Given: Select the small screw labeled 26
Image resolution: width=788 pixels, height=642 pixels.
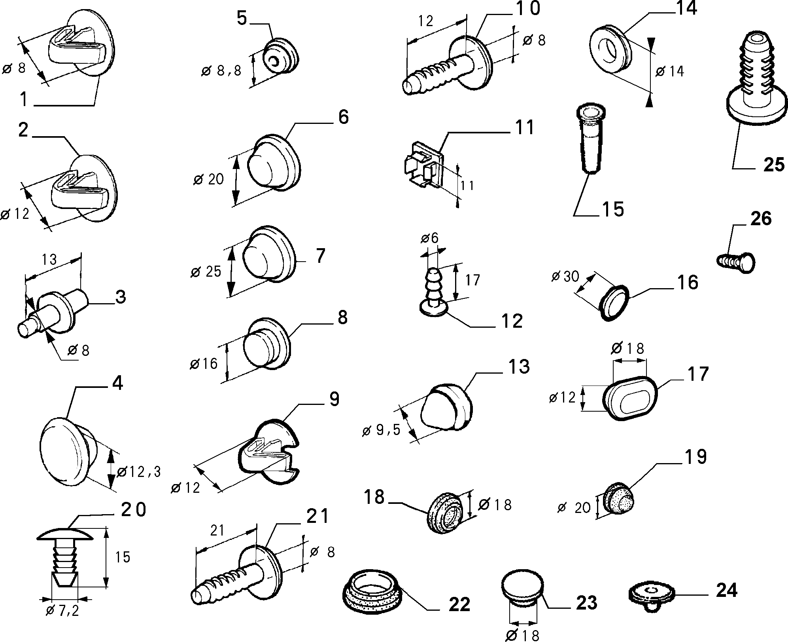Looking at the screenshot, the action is pyautogui.click(x=736, y=262).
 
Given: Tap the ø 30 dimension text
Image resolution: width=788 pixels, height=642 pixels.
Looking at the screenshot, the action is pyautogui.click(x=565, y=277).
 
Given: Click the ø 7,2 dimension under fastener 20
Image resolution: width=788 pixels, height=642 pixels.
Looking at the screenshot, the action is pyautogui.click(x=62, y=611).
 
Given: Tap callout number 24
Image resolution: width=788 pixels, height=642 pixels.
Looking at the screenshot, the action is pyautogui.click(x=727, y=591).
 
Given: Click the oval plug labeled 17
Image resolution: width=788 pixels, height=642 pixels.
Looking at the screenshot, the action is pyautogui.click(x=631, y=399).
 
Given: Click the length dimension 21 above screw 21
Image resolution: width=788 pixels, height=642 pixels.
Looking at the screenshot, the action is pyautogui.click(x=217, y=530).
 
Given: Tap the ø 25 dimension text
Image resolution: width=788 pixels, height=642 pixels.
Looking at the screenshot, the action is pyautogui.click(x=206, y=272).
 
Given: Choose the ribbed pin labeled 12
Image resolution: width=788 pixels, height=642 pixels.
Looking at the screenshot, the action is pyautogui.click(x=434, y=292).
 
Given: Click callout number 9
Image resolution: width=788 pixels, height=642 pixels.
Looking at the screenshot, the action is pyautogui.click(x=334, y=399).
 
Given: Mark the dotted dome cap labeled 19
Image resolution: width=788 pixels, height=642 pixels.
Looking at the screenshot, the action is pyautogui.click(x=618, y=500).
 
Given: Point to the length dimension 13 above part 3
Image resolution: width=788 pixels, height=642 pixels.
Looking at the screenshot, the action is pyautogui.click(x=49, y=260).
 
